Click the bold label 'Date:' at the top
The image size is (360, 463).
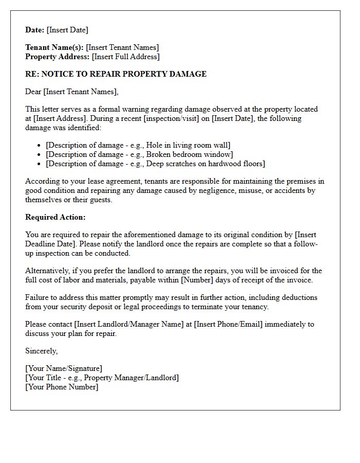[x=35, y=30]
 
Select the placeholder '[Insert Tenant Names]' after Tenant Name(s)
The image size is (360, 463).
[x=122, y=47]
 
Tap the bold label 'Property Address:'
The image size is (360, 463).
[x=57, y=57]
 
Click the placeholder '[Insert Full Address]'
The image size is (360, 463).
[x=125, y=57]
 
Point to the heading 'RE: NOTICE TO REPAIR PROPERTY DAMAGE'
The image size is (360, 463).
[x=116, y=74]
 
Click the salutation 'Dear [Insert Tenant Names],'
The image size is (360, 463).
[x=71, y=92]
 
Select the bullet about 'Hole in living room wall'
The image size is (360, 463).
[x=138, y=145]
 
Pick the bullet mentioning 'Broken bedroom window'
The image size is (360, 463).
[x=139, y=154]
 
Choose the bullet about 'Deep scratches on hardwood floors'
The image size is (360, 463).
[x=155, y=164]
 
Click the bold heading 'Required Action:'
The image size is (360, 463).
[x=56, y=217]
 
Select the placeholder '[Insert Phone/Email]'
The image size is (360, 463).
[x=228, y=324]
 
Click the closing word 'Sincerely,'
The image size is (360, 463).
[x=42, y=351]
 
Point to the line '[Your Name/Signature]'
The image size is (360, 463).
[x=64, y=368]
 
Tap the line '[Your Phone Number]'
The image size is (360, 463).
[x=62, y=387]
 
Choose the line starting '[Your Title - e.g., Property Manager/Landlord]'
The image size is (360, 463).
[x=102, y=378]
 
